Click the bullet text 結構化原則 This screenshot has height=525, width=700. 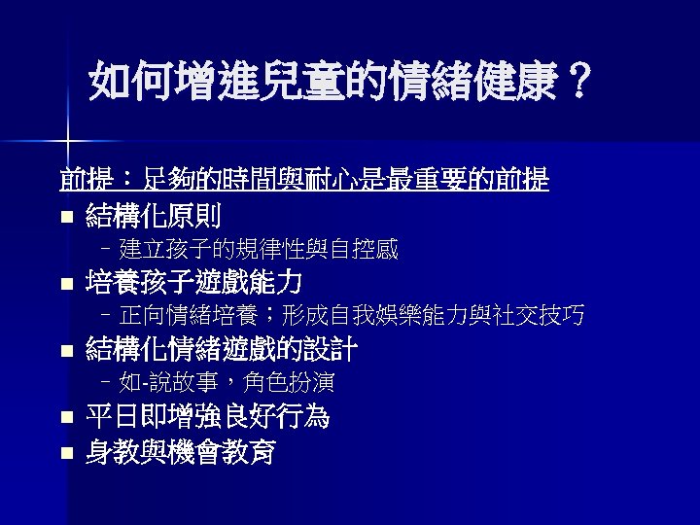pos(154,214)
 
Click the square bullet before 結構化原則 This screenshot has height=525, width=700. pos(65,216)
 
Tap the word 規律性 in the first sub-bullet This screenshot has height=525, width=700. pos(262,249)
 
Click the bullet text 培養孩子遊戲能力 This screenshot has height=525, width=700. pos(194,282)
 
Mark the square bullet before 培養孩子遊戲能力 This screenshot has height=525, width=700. pos(65,285)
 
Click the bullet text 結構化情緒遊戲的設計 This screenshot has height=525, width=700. pos(222,348)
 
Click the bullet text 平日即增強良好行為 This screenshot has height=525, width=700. pos(208,417)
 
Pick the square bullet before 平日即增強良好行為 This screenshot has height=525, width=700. pos(65,420)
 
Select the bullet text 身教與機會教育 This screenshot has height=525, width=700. pos(181,451)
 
